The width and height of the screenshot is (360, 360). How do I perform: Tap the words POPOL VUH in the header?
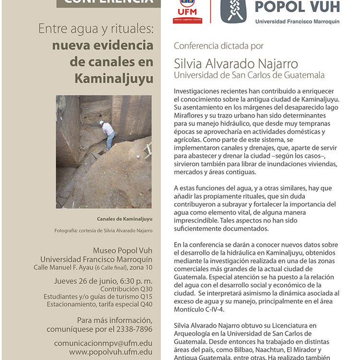[297, 7]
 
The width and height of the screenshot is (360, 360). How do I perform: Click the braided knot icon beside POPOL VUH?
[235, 10]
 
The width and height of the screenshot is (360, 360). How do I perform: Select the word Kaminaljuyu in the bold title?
[114, 78]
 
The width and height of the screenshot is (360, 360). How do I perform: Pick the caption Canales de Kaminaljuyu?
[124, 219]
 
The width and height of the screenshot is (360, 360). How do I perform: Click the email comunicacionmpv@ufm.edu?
[103, 343]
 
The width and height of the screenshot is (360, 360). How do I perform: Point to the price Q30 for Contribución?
[145, 289]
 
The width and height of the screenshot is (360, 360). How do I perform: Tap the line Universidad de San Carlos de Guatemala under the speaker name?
[249, 75]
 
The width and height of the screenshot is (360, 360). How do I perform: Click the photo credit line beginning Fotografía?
[103, 230]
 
